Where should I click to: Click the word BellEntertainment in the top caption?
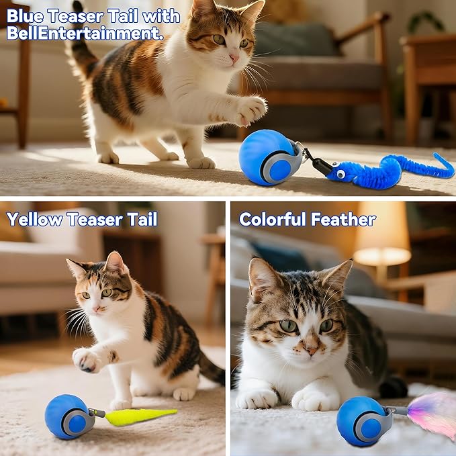point(85,33)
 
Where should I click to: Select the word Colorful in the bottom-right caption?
point(272,219)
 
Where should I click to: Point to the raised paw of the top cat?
point(250,109)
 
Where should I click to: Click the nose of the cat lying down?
point(310,349)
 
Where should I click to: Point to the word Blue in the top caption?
point(26,16)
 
